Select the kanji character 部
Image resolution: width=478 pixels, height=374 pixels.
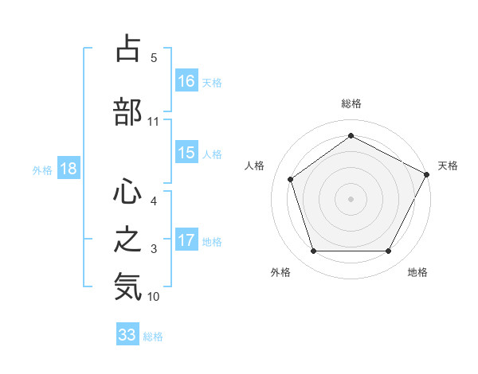point(127,111)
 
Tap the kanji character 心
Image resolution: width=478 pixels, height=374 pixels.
point(127,192)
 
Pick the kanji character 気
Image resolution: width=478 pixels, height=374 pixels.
point(127,286)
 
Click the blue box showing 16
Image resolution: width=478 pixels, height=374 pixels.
point(186,81)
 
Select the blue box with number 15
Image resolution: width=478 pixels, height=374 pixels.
point(186,153)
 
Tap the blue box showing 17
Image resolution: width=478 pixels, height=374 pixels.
point(186,240)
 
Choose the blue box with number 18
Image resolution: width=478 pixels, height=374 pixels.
point(68,169)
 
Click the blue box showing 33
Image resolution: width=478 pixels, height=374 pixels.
point(127,335)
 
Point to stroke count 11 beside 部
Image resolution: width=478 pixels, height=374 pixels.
point(154,122)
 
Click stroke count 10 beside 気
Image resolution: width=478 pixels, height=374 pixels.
point(154,297)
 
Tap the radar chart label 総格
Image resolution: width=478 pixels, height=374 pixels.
point(351,103)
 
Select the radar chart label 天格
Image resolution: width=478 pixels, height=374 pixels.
point(448,166)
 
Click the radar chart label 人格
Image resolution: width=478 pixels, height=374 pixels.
point(255,166)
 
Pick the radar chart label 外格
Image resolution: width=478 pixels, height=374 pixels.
point(280,273)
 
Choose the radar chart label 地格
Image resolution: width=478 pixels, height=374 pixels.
point(417,273)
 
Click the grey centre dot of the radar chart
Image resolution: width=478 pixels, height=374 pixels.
point(351,198)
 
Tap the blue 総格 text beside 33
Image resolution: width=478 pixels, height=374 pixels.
point(154,337)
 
